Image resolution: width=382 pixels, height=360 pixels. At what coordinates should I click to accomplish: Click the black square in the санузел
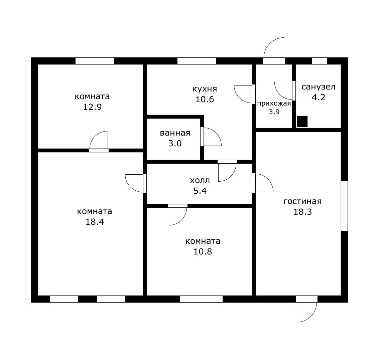pos(302,121)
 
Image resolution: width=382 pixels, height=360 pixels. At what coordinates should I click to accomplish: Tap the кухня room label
pos(205,89)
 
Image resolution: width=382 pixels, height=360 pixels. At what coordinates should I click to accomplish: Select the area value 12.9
pos(92,107)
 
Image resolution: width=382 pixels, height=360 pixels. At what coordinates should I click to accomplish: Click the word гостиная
pos(302,201)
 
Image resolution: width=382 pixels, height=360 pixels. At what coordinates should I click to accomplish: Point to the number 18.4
pos(95,222)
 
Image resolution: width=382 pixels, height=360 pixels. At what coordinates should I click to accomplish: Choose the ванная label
pos(175,133)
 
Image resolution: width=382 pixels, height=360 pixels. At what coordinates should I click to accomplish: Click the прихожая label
pos(274,104)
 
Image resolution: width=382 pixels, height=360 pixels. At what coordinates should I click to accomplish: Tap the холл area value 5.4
pos(200,191)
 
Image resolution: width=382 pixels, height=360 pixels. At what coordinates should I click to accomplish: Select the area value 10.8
pos(203,251)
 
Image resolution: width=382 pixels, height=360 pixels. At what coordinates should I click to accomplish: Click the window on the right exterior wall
pos(344,205)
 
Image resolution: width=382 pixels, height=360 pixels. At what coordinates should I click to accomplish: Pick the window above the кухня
pos(197,61)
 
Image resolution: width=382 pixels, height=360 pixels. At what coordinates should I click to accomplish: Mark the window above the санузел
pos(320,61)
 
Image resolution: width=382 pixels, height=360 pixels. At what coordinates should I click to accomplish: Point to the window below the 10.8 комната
pos(201,299)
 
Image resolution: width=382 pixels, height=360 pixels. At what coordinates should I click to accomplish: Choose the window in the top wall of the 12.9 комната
pos(95,61)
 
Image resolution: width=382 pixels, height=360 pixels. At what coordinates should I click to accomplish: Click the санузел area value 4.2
pos(319,97)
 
